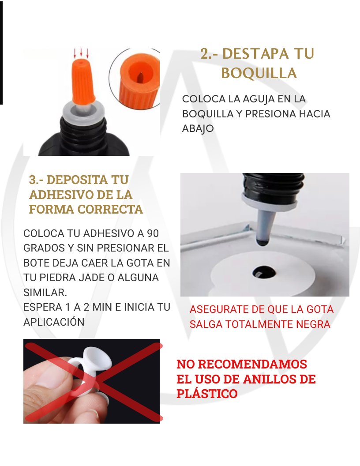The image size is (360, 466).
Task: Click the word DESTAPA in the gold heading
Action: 255,54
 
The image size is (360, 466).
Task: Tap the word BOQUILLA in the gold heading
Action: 259,73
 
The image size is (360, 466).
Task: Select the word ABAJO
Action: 198,129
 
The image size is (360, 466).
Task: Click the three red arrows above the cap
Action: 81,53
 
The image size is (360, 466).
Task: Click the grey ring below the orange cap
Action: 83,111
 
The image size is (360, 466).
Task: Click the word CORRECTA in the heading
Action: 110,209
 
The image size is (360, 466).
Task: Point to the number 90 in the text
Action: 153,233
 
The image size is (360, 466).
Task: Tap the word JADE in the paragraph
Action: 89,278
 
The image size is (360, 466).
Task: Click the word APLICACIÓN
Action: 54,322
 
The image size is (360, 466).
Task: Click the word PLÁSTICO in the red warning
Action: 207,394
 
